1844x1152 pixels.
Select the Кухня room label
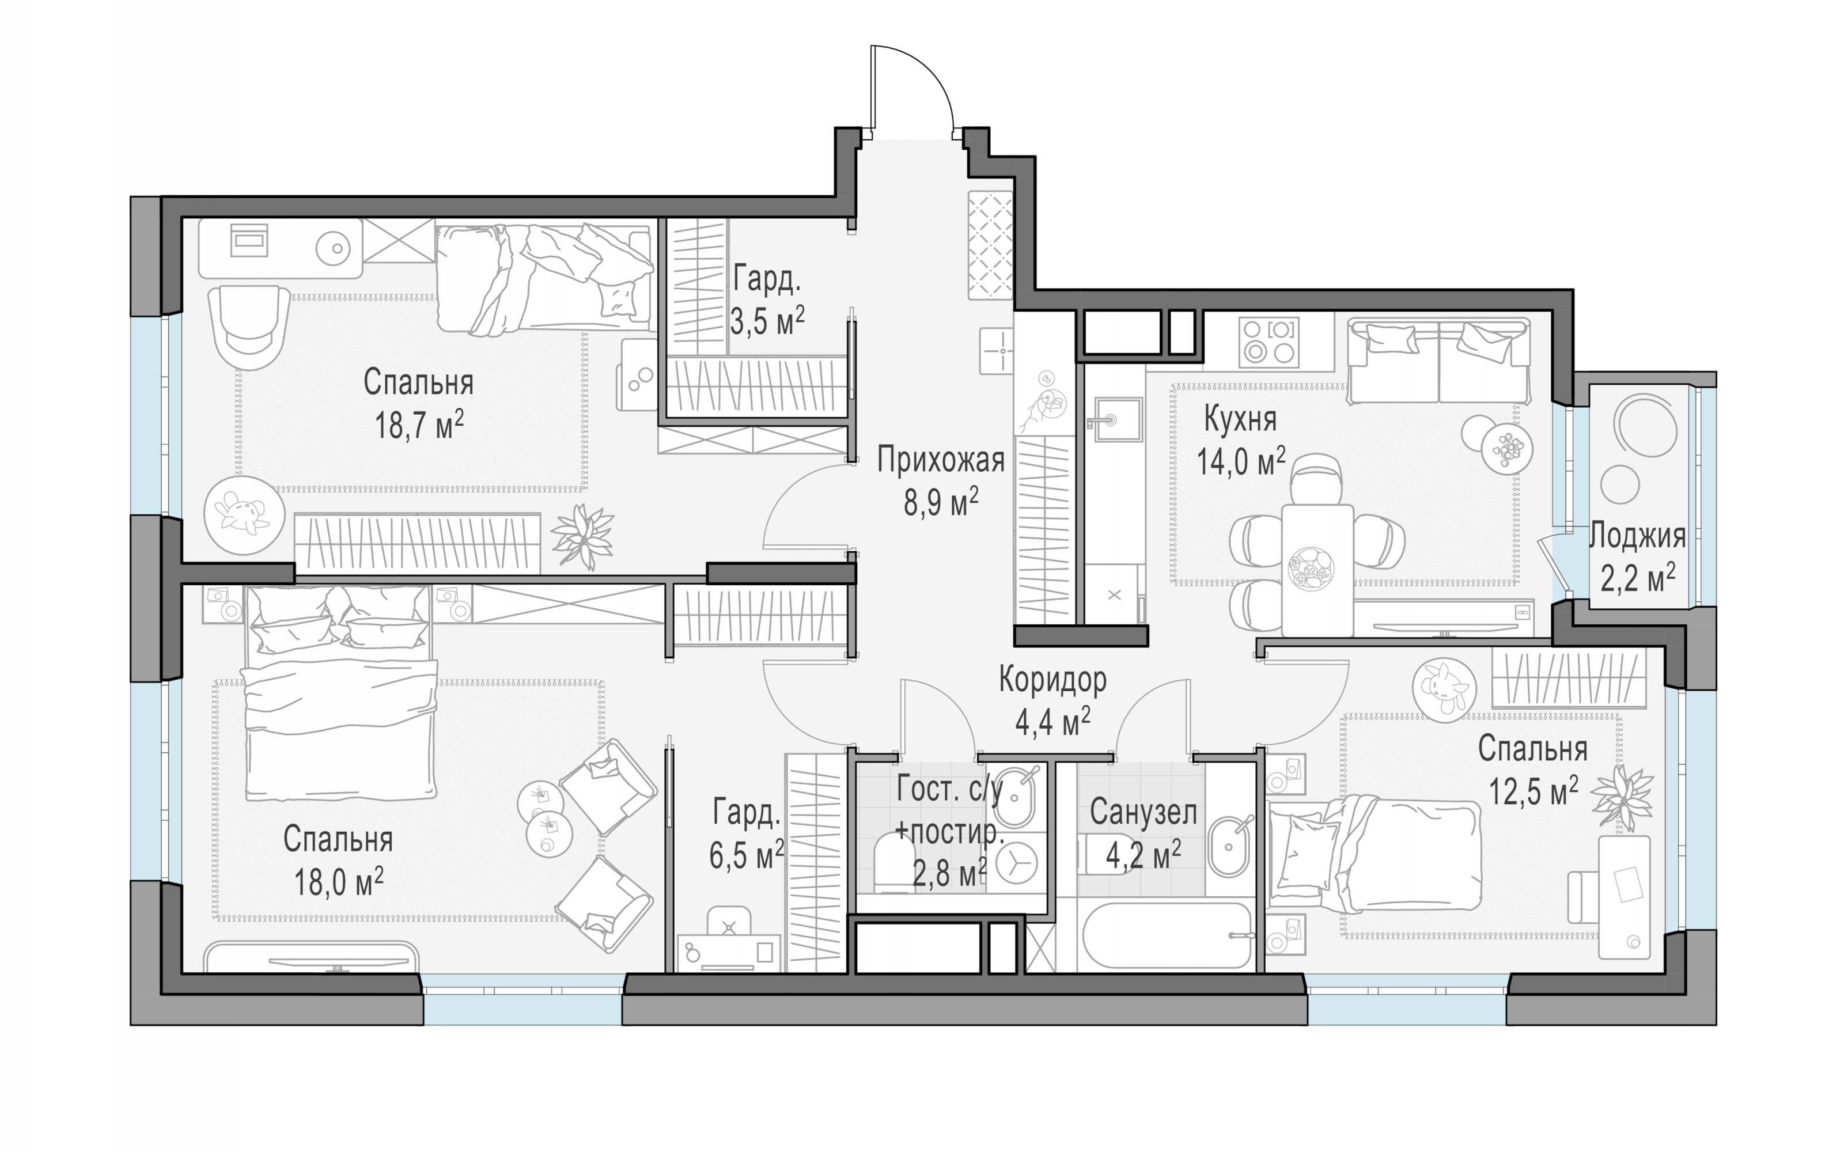tap(1240, 420)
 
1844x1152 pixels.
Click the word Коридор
tap(1052, 680)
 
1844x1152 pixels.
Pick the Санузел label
tap(1143, 813)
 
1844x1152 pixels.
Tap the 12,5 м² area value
tap(1533, 791)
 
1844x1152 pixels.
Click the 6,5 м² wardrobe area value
tap(747, 855)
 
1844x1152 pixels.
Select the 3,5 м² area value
tap(767, 321)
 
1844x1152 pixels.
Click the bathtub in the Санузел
tap(1166, 935)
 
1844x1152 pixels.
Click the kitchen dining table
tap(1317, 569)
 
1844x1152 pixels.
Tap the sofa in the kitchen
tap(1438, 361)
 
